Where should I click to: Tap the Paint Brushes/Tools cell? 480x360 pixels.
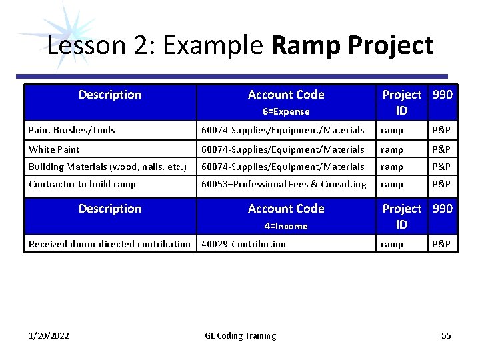[x=72, y=131]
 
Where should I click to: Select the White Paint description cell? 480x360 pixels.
[x=54, y=149]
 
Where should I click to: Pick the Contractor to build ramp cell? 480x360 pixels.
[x=82, y=184]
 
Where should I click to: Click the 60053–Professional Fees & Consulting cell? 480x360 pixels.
[x=284, y=184]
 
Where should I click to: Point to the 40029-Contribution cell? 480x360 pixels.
[x=244, y=244]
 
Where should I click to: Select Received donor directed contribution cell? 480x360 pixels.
[x=109, y=244]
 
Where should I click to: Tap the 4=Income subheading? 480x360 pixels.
[x=286, y=226]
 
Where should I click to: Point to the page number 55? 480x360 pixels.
[x=446, y=336]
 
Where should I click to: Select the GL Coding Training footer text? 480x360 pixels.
[x=240, y=336]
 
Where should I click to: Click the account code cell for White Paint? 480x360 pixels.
[x=283, y=149]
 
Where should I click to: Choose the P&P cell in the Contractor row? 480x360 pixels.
[x=441, y=184]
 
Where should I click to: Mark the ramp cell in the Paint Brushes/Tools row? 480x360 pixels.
[x=391, y=131]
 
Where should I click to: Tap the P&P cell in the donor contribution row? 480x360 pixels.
[x=441, y=244]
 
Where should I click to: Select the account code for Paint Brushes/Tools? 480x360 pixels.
[x=283, y=131]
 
